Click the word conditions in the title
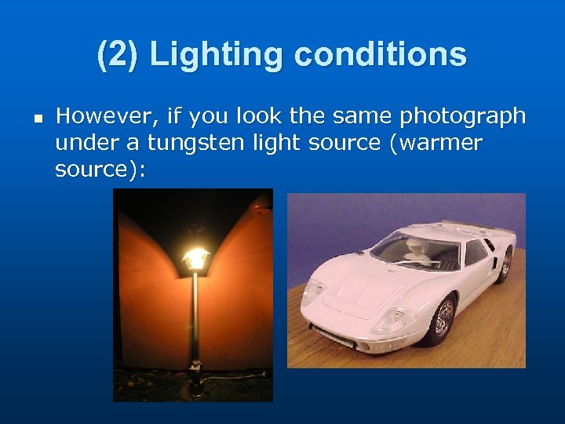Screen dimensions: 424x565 (x=380, y=54)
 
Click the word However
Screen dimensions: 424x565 (x=108, y=117)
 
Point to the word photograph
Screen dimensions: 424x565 (x=462, y=117)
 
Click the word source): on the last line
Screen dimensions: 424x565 (x=100, y=170)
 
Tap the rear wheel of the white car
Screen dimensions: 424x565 (x=505, y=263)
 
